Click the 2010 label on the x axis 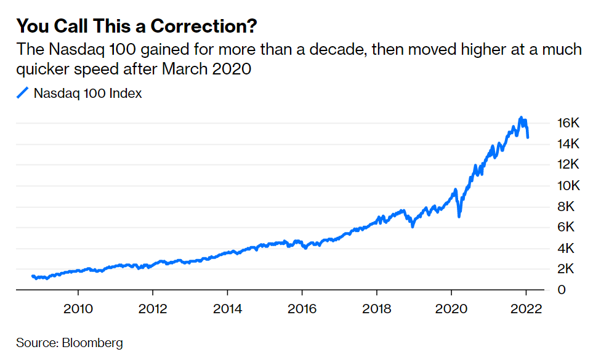[78, 308]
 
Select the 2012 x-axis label [153, 308]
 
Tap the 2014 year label [227, 308]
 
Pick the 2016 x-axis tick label [302, 308]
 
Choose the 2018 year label [376, 308]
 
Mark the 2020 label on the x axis [451, 308]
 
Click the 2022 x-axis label [526, 308]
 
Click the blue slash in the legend [23, 94]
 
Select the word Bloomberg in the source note [92, 343]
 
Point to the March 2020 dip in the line [459, 216]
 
